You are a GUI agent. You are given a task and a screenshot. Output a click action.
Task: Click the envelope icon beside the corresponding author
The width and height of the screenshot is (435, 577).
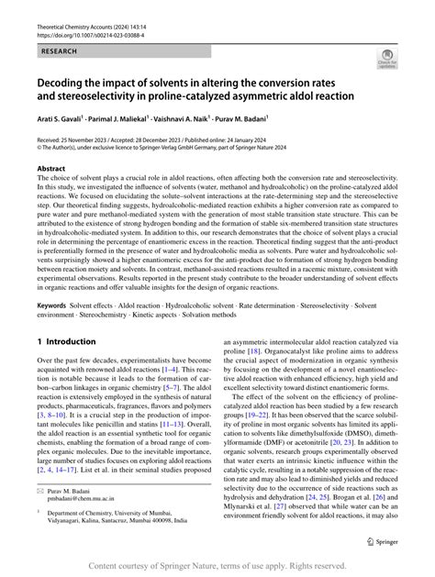[40, 493]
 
